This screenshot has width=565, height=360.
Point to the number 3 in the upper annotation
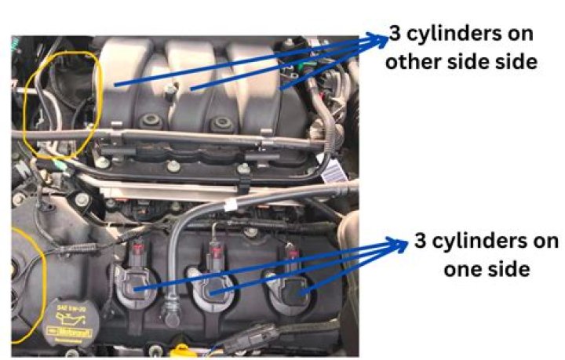click(395, 35)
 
